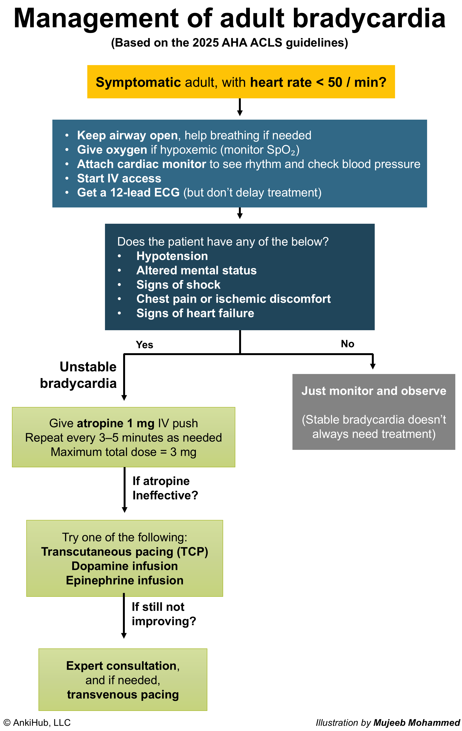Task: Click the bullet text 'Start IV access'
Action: [x=119, y=178]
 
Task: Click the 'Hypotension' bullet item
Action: [x=172, y=256]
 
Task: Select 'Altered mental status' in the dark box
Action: [x=196, y=270]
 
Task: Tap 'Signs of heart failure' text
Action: [x=195, y=313]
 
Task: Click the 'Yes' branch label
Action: [x=144, y=345]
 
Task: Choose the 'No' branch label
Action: [x=347, y=344]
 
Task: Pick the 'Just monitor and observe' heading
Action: [x=374, y=391]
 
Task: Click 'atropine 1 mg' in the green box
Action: [x=115, y=423]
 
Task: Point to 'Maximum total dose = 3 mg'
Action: [x=123, y=452]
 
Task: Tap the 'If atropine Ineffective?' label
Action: [x=165, y=488]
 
